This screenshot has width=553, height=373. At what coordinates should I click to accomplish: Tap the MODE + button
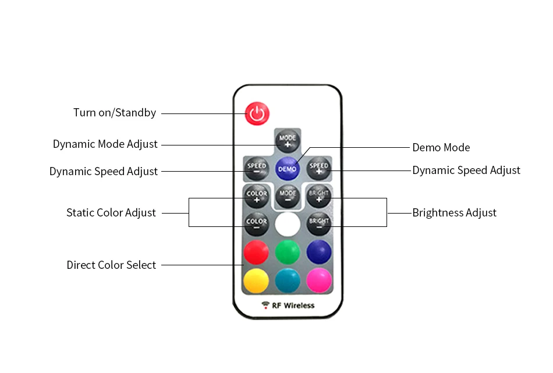pyautogui.click(x=287, y=140)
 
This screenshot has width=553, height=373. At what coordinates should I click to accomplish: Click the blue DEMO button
pyautogui.click(x=287, y=169)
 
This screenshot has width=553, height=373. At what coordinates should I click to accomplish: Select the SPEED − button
pyautogui.click(x=256, y=168)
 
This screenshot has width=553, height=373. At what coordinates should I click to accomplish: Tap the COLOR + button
pyautogui.click(x=256, y=196)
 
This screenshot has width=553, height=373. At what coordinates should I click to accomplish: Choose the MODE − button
pyautogui.click(x=287, y=196)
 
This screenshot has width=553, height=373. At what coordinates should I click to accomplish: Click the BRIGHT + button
pyautogui.click(x=318, y=196)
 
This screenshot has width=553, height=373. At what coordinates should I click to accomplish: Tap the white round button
pyautogui.click(x=287, y=224)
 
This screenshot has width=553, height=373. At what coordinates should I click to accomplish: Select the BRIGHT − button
pyautogui.click(x=318, y=224)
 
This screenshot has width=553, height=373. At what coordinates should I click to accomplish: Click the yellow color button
pyautogui.click(x=256, y=280)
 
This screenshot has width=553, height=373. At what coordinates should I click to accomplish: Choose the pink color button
pyautogui.click(x=318, y=280)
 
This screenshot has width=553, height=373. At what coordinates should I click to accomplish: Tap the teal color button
pyautogui.click(x=287, y=280)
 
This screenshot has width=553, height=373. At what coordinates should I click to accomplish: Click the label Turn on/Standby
pyautogui.click(x=115, y=113)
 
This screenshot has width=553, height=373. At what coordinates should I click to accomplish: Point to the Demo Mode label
pyautogui.click(x=441, y=148)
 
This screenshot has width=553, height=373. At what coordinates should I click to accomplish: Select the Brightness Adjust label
pyautogui.click(x=454, y=213)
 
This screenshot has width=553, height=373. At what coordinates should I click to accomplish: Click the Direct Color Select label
pyautogui.click(x=111, y=265)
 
